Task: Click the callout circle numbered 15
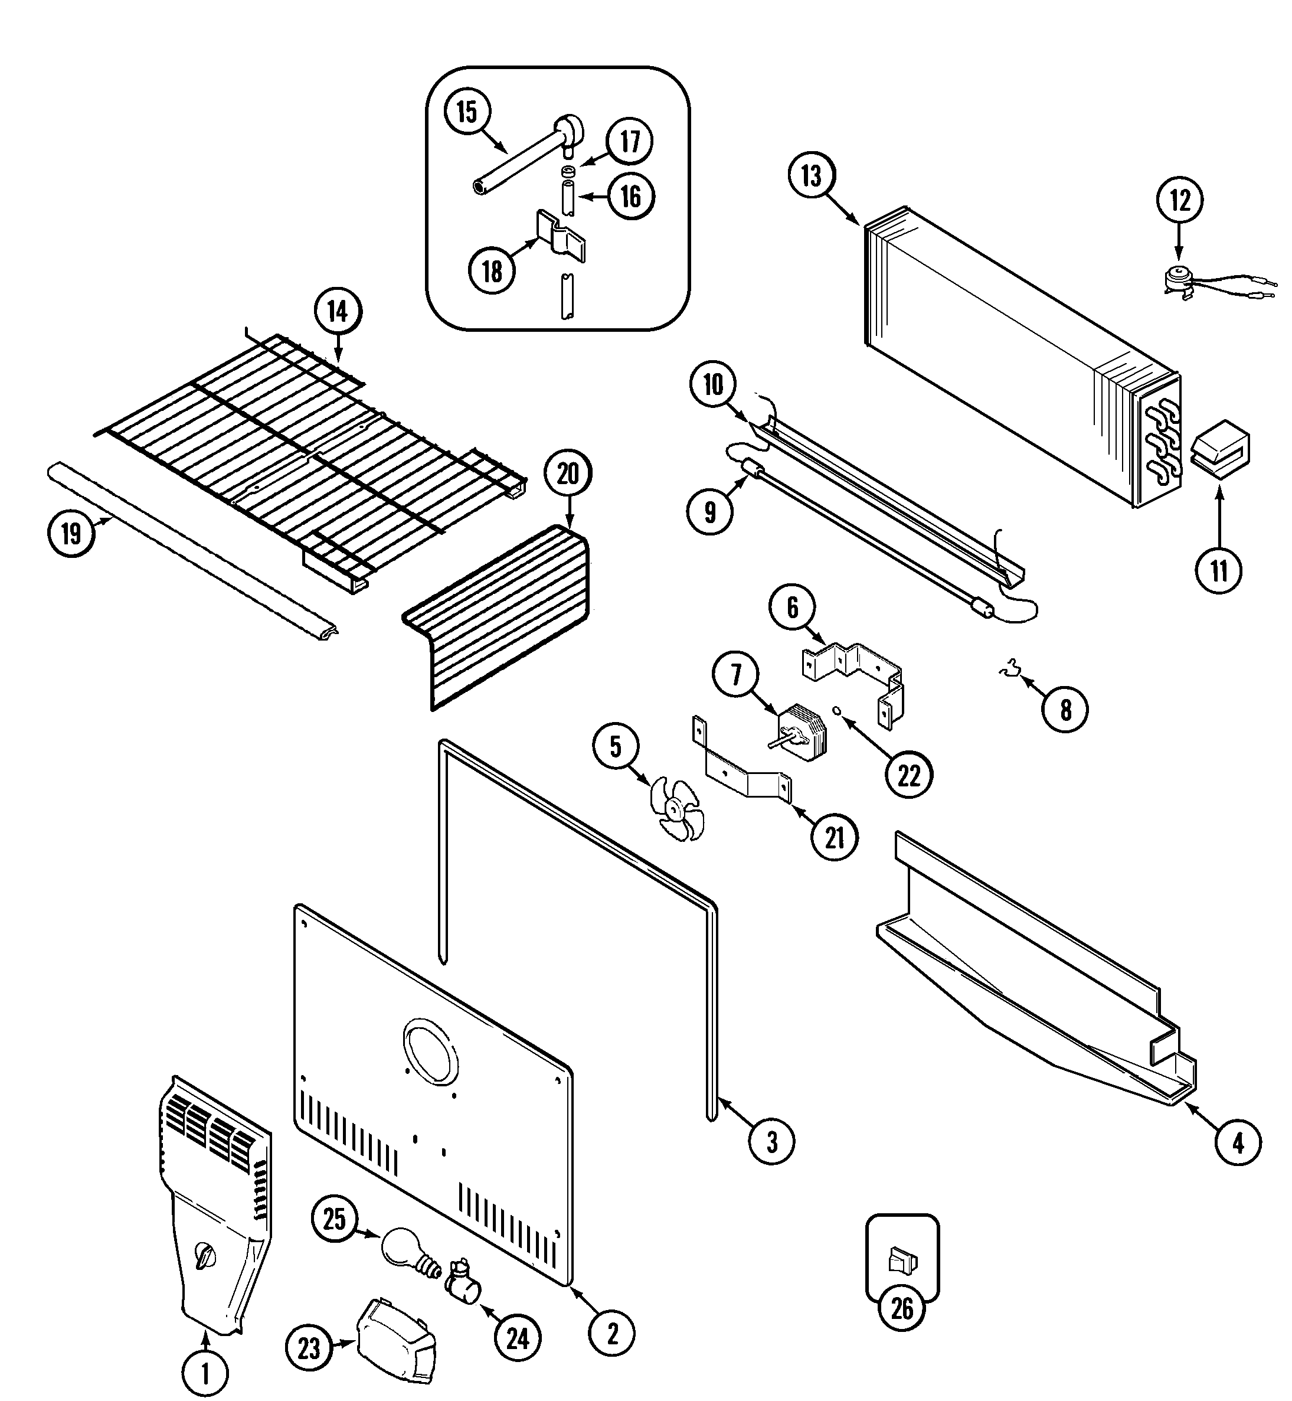coord(467,112)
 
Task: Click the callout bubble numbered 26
coord(902,1308)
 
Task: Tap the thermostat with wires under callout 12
coord(1183,279)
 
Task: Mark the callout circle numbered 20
coord(568,474)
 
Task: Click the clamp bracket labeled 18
coord(561,236)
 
